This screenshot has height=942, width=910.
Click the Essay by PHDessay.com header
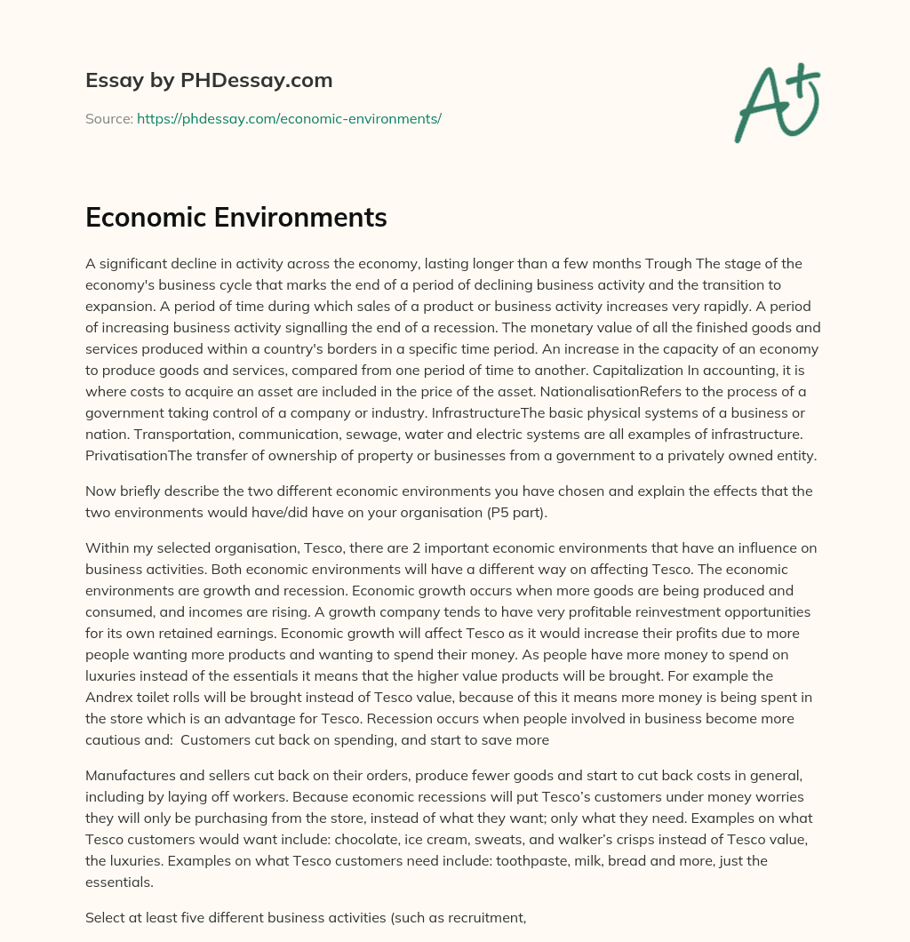[x=209, y=81]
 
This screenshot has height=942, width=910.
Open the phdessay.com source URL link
[x=289, y=118]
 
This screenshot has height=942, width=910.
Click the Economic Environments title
[x=236, y=218]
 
